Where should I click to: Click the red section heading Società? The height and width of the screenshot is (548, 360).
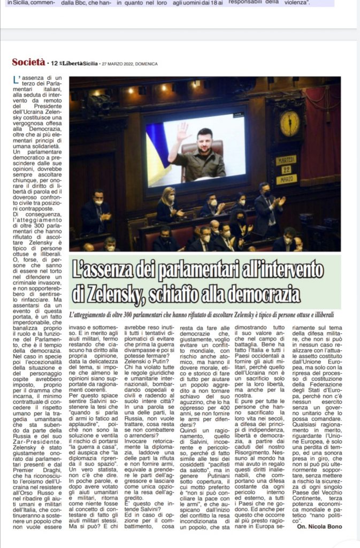pos(28,63)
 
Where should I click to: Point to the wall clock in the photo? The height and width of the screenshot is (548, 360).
pos(289,123)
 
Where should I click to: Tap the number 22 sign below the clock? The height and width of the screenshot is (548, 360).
pos(286,169)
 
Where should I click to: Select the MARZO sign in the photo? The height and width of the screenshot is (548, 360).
pos(286,179)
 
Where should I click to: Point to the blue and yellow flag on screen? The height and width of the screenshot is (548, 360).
pos(158,155)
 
